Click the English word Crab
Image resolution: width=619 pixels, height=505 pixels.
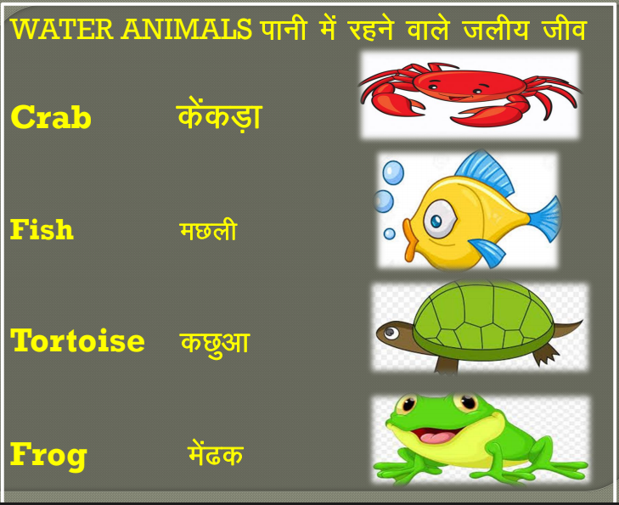51,117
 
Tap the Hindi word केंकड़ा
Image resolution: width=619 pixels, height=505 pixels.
219,115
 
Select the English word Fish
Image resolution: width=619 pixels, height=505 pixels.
42,229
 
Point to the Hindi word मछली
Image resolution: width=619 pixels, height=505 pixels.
208,230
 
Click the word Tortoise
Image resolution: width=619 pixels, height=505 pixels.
77,340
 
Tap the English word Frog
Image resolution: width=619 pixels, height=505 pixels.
48,455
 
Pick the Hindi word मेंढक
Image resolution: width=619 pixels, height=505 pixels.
215,453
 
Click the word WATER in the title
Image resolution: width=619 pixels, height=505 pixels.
62,29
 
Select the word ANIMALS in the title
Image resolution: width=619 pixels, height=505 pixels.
186,29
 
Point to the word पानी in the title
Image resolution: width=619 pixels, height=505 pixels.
283,28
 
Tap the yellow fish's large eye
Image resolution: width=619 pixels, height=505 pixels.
439,219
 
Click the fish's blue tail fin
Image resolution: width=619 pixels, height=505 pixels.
545,218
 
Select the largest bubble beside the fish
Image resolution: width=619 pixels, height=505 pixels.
393,172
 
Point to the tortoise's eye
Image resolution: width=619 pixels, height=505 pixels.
391,334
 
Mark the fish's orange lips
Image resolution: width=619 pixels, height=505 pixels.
410,240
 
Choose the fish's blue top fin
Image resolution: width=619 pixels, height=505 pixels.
484,172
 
